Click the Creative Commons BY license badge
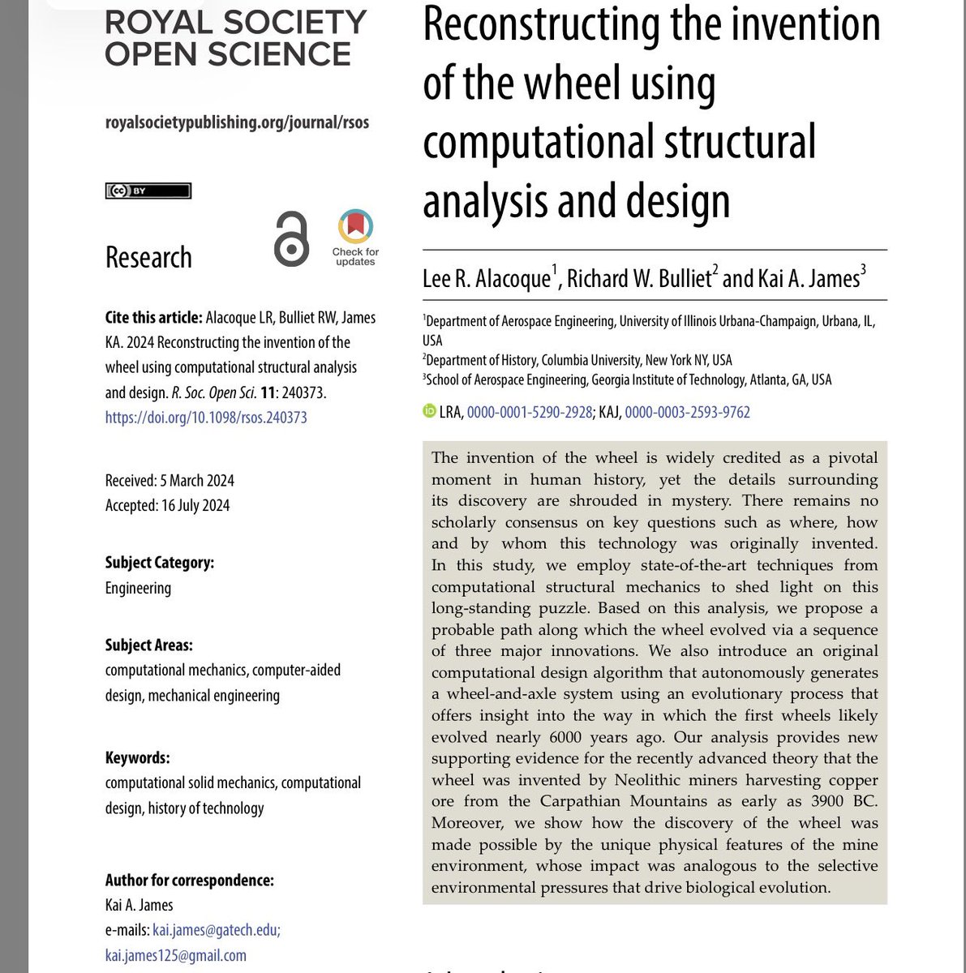coord(148,191)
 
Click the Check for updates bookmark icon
coord(355,227)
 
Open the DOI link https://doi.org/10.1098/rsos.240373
coord(206,418)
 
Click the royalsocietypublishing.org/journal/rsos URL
coord(237,122)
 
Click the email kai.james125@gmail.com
coord(176,956)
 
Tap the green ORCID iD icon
coord(430,411)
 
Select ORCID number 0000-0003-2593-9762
coord(687,412)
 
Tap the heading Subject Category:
coord(160,563)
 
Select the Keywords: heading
coord(138,758)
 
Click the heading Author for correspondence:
coord(190,880)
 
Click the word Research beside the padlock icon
coord(149,257)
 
